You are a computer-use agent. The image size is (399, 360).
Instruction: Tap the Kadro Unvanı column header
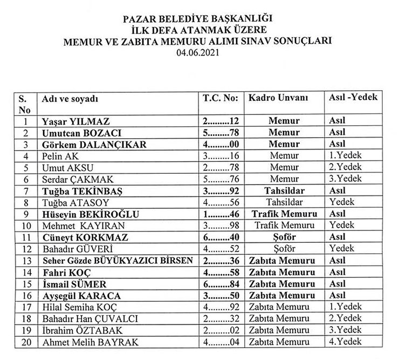(278, 99)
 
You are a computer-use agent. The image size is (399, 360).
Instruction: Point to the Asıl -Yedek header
(353, 98)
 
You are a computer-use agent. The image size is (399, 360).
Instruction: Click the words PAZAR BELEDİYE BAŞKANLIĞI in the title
(200, 20)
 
